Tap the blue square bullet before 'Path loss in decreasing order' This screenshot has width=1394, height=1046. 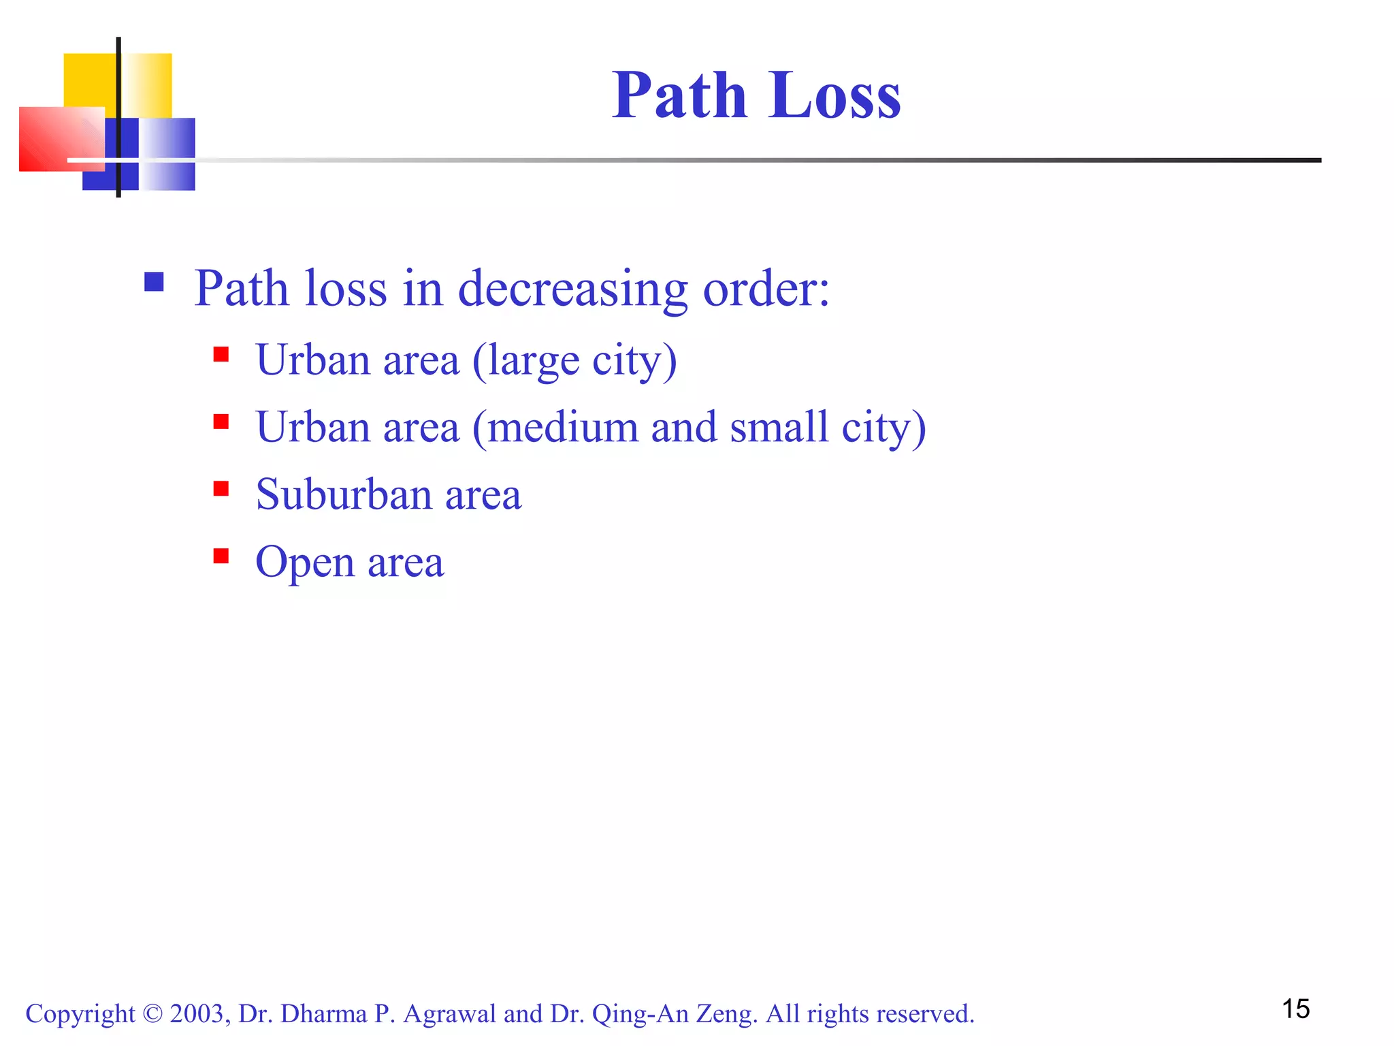(154, 282)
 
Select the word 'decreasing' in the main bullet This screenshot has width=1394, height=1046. (572, 289)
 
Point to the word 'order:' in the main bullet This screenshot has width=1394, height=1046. (766, 289)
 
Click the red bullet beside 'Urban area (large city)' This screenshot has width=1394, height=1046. (221, 354)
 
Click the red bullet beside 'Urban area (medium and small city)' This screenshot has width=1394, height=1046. (221, 422)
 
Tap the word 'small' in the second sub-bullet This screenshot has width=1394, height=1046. (779, 428)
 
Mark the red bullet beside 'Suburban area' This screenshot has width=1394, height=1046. (221, 488)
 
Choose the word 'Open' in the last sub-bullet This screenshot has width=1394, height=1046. (305, 562)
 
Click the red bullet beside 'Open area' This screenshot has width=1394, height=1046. (221, 556)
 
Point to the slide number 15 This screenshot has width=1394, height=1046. (1295, 1009)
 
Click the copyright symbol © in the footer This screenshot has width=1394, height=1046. (152, 1014)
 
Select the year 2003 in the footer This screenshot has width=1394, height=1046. (197, 1014)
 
